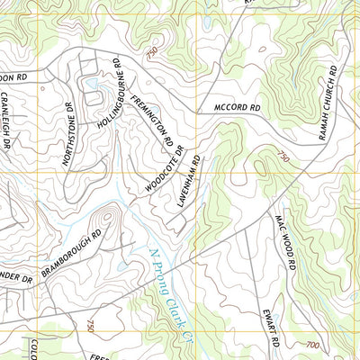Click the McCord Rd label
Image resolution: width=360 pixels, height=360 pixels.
click(x=237, y=108)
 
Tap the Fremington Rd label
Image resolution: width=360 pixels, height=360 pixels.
click(x=151, y=121)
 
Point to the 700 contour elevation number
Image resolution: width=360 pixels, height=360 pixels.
click(x=312, y=345)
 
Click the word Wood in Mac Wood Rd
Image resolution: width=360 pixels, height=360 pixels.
click(x=289, y=247)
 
